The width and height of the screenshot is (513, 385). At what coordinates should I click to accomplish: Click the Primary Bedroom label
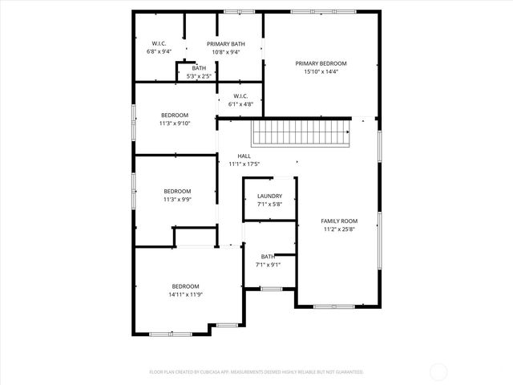321,63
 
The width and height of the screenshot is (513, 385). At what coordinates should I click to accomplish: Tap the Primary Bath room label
226,44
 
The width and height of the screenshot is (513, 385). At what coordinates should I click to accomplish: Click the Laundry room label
269,197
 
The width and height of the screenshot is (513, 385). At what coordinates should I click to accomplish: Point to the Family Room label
339,221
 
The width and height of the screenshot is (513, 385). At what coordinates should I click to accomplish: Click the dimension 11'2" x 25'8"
339,229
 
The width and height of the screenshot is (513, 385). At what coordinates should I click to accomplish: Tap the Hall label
244,156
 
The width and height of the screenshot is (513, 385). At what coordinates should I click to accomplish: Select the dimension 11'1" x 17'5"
244,164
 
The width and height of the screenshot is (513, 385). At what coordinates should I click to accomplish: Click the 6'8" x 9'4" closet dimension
160,51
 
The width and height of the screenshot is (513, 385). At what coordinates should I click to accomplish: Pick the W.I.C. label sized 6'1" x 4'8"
240,96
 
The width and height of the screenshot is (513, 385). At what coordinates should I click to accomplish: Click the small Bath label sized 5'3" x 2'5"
199,68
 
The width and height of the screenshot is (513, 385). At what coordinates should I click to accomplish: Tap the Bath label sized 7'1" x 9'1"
267,257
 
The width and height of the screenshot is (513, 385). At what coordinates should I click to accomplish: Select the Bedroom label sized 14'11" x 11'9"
185,286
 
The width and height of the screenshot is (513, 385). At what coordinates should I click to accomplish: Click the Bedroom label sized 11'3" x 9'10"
175,115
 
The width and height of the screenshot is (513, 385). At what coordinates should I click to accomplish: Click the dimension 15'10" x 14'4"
321,71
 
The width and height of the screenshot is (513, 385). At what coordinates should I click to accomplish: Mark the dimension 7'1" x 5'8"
269,205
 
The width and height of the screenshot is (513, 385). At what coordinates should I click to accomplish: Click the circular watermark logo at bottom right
438,371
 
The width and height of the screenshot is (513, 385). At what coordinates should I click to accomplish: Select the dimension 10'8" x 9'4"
226,52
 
